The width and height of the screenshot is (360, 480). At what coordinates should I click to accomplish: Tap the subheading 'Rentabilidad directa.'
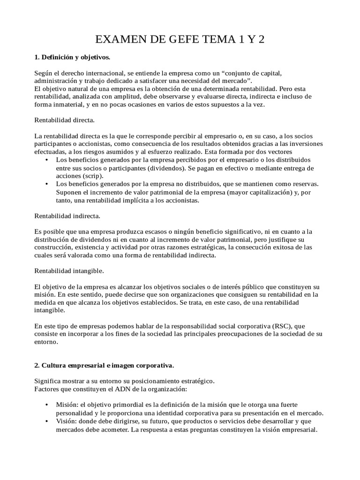(65, 120)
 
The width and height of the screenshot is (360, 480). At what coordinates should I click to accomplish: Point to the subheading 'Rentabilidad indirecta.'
(67, 216)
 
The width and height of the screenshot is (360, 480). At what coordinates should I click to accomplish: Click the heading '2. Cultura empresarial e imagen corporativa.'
(104, 364)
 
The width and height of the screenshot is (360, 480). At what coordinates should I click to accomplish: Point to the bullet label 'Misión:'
(67, 405)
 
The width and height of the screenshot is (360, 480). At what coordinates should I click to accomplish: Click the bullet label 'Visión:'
(67, 421)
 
